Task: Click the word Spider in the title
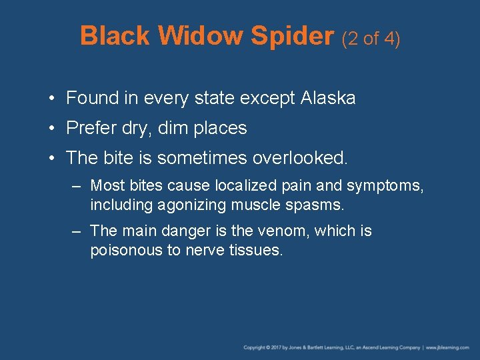click(x=292, y=37)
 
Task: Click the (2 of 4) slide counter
click(x=371, y=39)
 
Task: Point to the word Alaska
click(x=328, y=99)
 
